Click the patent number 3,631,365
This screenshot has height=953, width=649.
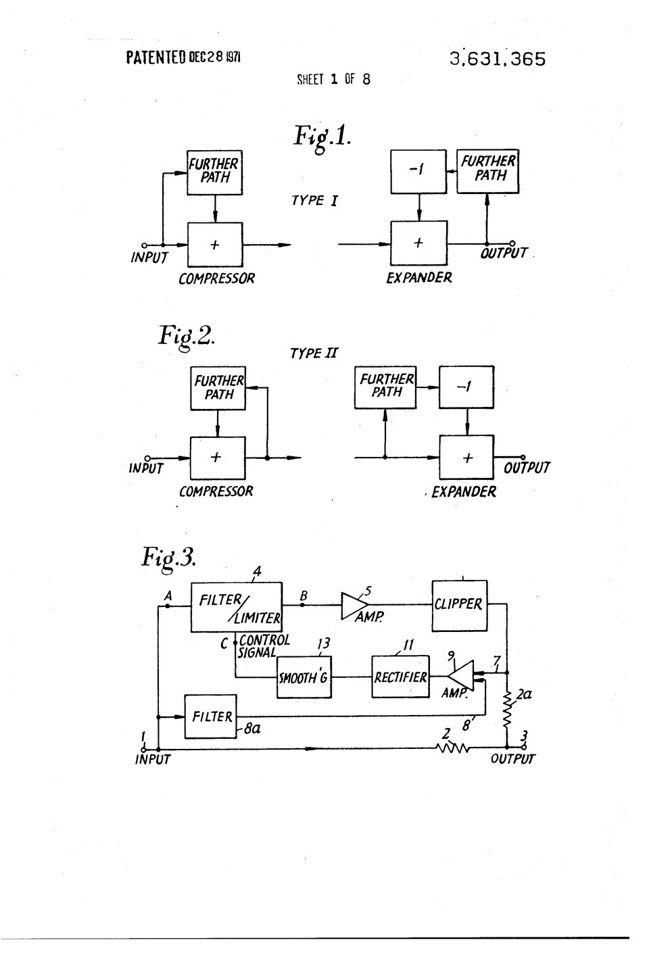tap(497, 59)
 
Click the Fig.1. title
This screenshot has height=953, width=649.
tap(322, 137)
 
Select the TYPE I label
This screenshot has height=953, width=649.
tap(314, 200)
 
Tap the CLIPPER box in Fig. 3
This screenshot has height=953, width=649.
tap(460, 606)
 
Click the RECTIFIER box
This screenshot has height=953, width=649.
tap(400, 677)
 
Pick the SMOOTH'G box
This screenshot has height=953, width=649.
tap(304, 677)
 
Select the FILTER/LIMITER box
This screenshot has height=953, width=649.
tap(237, 607)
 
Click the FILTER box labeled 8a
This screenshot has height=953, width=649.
tap(211, 717)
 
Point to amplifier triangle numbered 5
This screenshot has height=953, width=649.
tap(354, 606)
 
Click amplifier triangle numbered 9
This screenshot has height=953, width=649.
tap(460, 676)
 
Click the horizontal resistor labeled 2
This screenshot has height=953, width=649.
tap(452, 748)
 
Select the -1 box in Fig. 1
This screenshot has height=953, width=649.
tap(418, 172)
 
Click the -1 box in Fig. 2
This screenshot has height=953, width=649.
tap(466, 387)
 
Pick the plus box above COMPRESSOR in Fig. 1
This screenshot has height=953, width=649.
tap(216, 245)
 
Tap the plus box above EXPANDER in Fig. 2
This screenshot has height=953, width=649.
tap(467, 458)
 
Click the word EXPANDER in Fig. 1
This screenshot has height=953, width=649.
tap(418, 278)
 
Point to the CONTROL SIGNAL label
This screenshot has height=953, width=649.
tap(264, 646)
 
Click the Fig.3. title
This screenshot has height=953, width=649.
tap(168, 558)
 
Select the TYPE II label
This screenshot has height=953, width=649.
tap(314, 353)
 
